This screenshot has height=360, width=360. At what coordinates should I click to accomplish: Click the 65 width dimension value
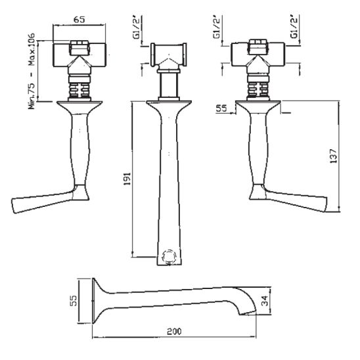coord(79,20)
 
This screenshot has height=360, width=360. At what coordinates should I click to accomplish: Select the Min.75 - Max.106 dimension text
coord(32,71)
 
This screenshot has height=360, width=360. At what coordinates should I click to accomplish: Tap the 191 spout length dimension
coord(127,179)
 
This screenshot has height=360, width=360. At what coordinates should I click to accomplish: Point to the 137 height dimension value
coord(333,156)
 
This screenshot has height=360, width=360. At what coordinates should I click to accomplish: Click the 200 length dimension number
coord(174,331)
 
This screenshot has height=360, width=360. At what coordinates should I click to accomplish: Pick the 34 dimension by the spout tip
coord(265,301)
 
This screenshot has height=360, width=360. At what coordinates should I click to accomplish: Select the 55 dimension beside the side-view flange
coord(74,300)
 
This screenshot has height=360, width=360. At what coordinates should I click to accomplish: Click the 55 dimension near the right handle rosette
coord(221,108)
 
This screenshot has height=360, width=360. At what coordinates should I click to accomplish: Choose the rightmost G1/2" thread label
coord(294,26)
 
